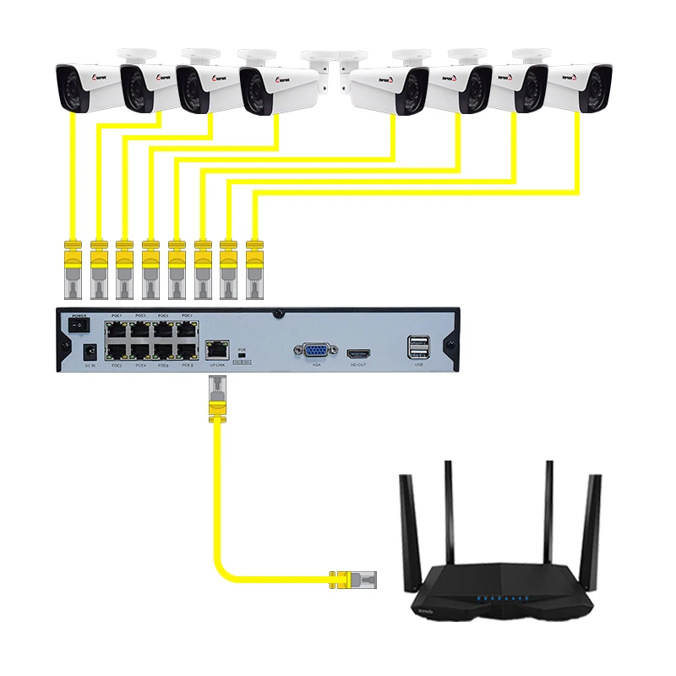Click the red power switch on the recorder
click(x=79, y=324)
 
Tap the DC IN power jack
click(x=87, y=350)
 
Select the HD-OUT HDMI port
click(x=357, y=352)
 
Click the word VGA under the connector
click(x=316, y=366)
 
